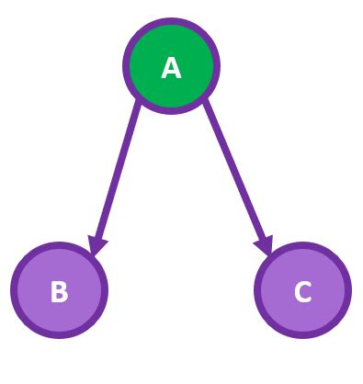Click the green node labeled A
171,66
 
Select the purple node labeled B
59,290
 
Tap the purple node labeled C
302,290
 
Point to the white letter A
171,67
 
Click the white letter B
59,291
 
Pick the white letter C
302,291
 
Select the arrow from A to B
117,175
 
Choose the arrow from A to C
236,175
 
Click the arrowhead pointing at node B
96,245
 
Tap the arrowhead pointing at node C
265,245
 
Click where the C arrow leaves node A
206,102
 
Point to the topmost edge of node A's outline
171,21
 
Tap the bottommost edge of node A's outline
171,111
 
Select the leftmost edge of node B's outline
14,290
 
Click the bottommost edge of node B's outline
59,335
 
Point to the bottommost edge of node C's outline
302,335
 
